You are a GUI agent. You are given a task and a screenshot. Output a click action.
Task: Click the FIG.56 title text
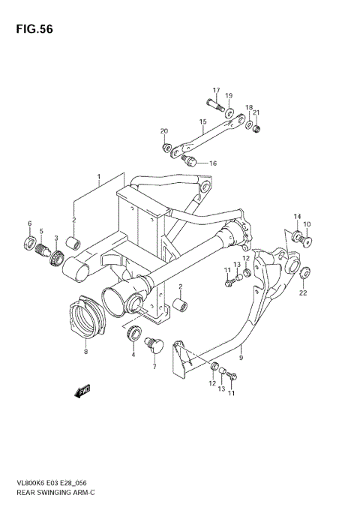pyautogui.click(x=30, y=29)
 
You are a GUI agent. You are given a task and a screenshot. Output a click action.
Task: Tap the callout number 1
pyautogui.click(x=97, y=178)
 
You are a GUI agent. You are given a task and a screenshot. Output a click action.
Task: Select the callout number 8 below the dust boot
pyautogui.click(x=85, y=351)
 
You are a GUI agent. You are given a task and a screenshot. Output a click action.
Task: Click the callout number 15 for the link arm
pyautogui.click(x=202, y=121)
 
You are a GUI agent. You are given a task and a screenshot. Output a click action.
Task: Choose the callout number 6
pyautogui.click(x=29, y=223)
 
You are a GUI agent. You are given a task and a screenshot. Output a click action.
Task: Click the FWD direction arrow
pyautogui.click(x=82, y=391)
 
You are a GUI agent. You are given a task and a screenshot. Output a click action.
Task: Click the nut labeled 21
pyautogui.click(x=256, y=129)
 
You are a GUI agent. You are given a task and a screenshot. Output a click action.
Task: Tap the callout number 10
pyautogui.click(x=307, y=224)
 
